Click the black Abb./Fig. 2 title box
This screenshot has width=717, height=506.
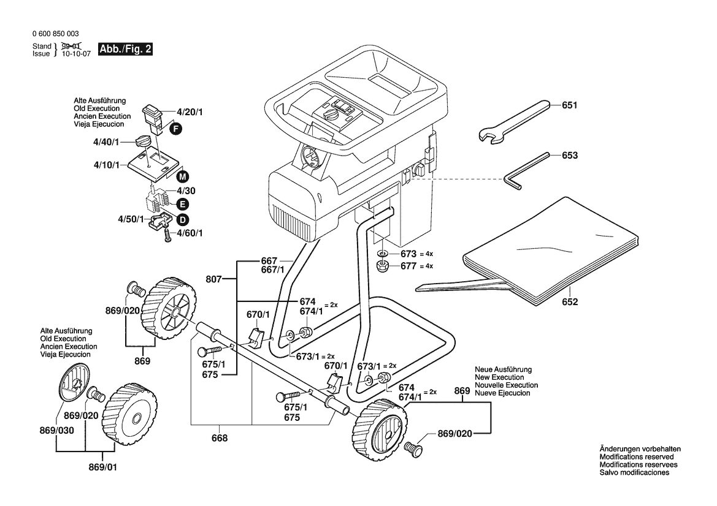pos(125,50)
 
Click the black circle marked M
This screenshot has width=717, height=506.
pos(182,176)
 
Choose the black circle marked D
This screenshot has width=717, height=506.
pos(182,220)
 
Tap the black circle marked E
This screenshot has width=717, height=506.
pos(182,204)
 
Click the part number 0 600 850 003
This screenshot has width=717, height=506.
pos(56,34)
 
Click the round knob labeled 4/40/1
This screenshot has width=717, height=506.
pos(143,140)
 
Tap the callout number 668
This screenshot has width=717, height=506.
pos(220,439)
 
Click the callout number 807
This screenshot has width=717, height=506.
pos(213,279)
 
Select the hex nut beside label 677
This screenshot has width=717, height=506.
pos(382,266)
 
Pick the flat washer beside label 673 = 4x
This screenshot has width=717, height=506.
pos(382,254)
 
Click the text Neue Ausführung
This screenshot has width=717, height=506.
pos(503,369)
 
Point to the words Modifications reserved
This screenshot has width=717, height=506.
pos(637,457)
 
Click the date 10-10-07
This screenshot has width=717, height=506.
pos(77,53)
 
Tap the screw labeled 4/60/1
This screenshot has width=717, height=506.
pos(168,236)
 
